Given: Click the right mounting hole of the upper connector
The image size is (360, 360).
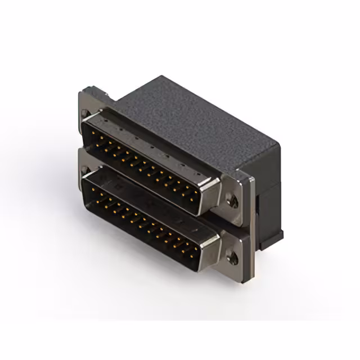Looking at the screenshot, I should click(x=232, y=199).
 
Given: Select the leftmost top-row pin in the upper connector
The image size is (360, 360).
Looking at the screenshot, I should click(x=91, y=133).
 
